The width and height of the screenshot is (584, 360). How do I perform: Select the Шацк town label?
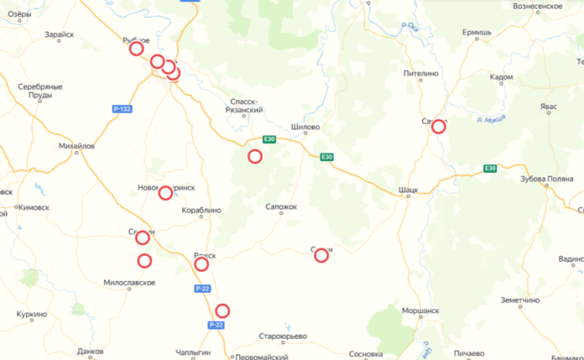408,189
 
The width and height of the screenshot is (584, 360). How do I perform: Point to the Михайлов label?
76,146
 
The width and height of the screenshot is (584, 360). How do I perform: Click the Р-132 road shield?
121,109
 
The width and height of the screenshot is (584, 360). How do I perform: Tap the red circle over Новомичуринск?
165,192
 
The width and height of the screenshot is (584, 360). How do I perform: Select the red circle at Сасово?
439,126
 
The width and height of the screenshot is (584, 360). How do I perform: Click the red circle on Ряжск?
202,264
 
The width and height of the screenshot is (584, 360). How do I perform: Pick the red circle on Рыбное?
136,48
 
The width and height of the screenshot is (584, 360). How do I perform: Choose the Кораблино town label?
201,210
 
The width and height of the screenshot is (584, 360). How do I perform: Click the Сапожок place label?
282,206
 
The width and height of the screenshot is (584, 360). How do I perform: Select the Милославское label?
129,282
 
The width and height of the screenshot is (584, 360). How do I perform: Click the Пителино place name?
421,73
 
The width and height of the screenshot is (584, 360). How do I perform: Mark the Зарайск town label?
60,35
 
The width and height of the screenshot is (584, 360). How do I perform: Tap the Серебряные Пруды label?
40,90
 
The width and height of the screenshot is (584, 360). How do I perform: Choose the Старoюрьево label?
283,337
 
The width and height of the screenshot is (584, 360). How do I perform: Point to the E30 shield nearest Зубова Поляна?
490,168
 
